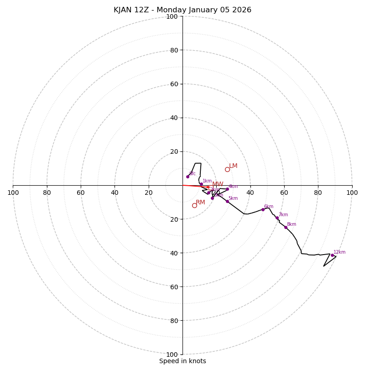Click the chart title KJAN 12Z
182,10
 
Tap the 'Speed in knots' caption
182,361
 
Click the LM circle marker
227,169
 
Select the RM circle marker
194,205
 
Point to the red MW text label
218,184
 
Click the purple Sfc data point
188,177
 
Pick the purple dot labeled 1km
201,184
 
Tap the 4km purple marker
227,189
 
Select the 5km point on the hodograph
227,201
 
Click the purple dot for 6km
263,209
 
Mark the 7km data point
277,218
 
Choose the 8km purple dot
286,227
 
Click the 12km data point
332,255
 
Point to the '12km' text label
339,252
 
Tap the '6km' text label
269,206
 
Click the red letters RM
200,202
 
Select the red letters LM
233,166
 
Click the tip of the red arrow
211,187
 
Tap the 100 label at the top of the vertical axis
172,16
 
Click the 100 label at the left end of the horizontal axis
13,193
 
